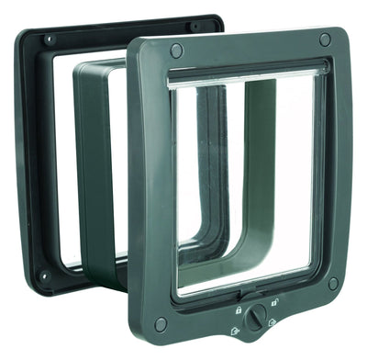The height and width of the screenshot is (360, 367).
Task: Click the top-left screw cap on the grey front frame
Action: [x=176, y=51]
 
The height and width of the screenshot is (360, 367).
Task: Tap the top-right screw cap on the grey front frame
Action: [x=325, y=39]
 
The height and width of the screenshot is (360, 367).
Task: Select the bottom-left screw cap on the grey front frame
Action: [x=161, y=323]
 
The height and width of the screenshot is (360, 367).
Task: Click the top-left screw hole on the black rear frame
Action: [x=49, y=40]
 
